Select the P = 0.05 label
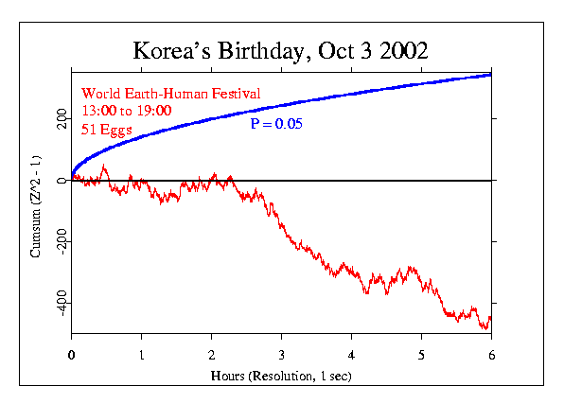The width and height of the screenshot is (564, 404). (x=276, y=124)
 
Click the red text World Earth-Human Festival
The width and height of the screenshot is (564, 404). (x=170, y=93)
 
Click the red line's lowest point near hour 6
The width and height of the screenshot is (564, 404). (x=485, y=328)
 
